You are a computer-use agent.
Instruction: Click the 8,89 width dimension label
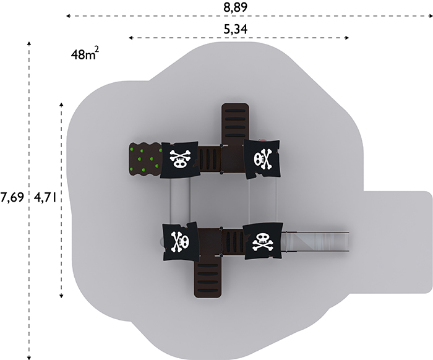point(235,7)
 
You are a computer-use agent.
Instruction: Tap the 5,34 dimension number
point(235,29)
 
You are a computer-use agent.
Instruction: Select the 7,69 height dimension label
point(12,197)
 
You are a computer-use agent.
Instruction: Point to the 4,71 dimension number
point(45,197)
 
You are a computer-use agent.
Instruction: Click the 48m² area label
point(85,53)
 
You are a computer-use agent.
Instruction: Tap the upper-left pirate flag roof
point(179,160)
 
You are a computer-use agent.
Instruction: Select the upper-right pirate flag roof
point(262,159)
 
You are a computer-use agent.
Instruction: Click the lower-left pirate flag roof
point(181,242)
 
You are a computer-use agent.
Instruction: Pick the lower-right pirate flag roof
point(263,241)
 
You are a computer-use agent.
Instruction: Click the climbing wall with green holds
point(145,160)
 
